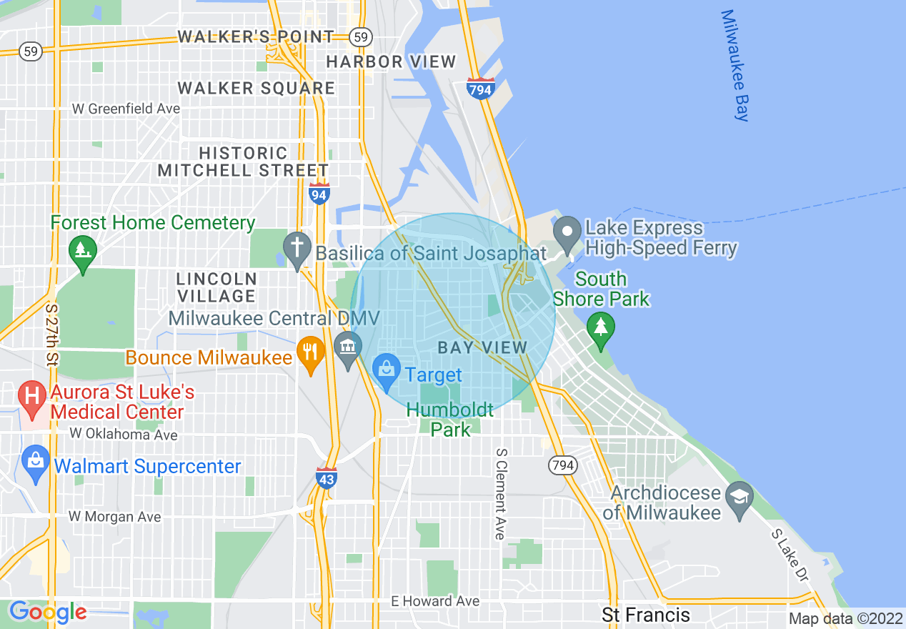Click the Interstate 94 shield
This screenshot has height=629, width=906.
click(x=319, y=192)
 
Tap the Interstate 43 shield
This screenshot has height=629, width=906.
click(x=326, y=477)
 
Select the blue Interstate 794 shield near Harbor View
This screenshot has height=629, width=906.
click(x=481, y=89)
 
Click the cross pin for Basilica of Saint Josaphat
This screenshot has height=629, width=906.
click(x=296, y=248)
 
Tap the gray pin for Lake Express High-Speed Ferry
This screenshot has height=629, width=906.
click(x=569, y=234)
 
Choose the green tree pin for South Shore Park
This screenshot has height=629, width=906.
click(x=601, y=330)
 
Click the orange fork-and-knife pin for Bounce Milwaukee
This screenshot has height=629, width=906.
click(x=311, y=354)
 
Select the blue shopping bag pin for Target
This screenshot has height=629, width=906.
click(x=387, y=372)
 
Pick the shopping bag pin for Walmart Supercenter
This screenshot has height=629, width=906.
click(x=36, y=462)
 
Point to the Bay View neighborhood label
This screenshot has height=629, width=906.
click(x=482, y=348)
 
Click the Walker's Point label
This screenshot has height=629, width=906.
click(x=255, y=36)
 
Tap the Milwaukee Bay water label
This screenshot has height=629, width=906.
click(x=735, y=65)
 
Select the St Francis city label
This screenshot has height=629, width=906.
click(x=646, y=615)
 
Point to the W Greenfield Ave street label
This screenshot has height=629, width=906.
click(x=126, y=109)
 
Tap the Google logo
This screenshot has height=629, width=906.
click(x=48, y=612)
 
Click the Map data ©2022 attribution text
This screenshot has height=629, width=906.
click(x=846, y=618)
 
